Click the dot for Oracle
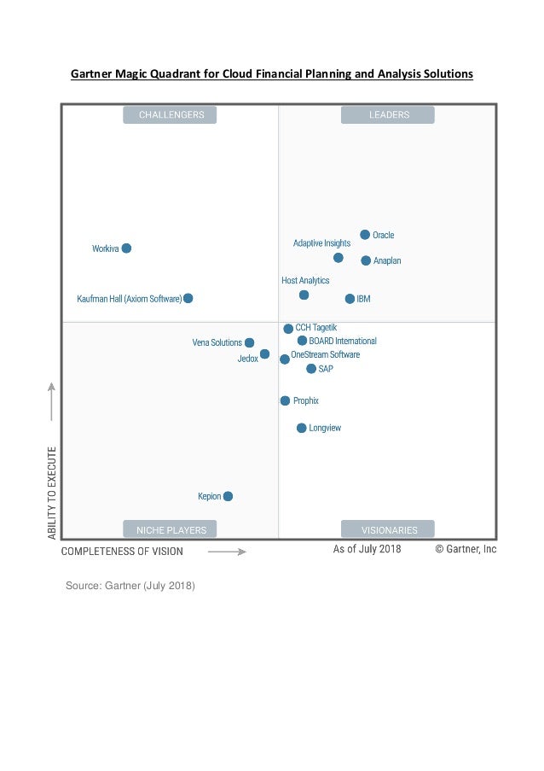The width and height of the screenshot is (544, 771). point(365,235)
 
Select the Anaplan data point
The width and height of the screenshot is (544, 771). point(366,260)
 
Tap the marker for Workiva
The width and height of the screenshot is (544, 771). point(126,248)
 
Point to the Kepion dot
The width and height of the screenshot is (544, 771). point(228,496)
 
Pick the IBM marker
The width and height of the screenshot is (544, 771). point(350,299)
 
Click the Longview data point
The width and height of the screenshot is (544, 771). point(301,428)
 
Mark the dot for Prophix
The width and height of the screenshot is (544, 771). point(285,400)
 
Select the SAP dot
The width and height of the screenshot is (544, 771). point(311,369)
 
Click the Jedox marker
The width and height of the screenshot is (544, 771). point(264,354)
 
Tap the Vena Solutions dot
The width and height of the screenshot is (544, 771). point(249,342)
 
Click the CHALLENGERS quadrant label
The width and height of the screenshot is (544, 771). point(170,115)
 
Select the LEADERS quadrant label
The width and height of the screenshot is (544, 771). point(388,115)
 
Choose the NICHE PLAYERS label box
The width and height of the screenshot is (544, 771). point(170,529)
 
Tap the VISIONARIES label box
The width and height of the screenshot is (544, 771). point(388,529)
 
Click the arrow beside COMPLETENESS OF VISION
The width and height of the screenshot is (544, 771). point(227,552)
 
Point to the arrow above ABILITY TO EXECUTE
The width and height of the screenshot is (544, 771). point(51,401)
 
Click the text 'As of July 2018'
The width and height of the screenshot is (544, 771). point(367,549)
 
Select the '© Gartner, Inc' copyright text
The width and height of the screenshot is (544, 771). point(466,549)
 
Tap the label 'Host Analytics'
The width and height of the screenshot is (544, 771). point(305,280)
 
